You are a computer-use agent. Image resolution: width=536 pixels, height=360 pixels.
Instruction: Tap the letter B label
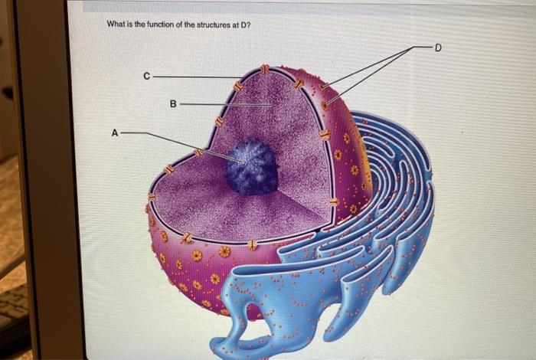pos(173,103)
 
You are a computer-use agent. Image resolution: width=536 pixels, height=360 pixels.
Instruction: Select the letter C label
pos(145,76)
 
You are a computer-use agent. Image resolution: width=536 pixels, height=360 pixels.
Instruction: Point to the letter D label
pos(438,47)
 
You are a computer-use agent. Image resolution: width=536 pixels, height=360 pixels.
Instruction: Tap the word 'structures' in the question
pos(211,24)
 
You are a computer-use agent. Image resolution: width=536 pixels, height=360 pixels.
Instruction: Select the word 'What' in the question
pos(117,24)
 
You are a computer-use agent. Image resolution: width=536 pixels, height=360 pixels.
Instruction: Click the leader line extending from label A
pos(176,143)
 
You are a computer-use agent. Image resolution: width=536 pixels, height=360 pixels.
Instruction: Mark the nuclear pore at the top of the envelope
pos(264,70)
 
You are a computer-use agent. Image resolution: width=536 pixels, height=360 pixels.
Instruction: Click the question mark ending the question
pos(250,24)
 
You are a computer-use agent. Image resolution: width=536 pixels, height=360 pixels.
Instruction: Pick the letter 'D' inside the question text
pos(244,24)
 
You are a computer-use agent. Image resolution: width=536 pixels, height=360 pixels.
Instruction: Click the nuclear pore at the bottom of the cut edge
pos(252,245)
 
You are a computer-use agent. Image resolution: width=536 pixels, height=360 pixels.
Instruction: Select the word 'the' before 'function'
pos(143,24)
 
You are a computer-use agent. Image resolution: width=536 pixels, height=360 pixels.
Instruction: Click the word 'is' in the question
pos(132,24)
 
